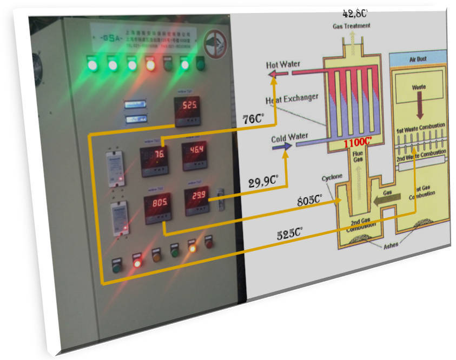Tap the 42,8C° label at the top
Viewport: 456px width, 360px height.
pos(355,13)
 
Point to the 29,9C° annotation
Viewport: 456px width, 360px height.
pos(263,181)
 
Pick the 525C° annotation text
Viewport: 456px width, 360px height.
pos(290,234)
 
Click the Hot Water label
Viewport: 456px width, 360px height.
pos(282,65)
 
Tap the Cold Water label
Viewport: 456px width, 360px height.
pos(290,137)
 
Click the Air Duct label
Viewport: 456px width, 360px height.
pos(419,59)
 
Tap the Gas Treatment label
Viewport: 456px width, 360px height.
pos(351,25)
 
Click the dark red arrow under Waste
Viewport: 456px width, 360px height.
pos(419,105)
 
